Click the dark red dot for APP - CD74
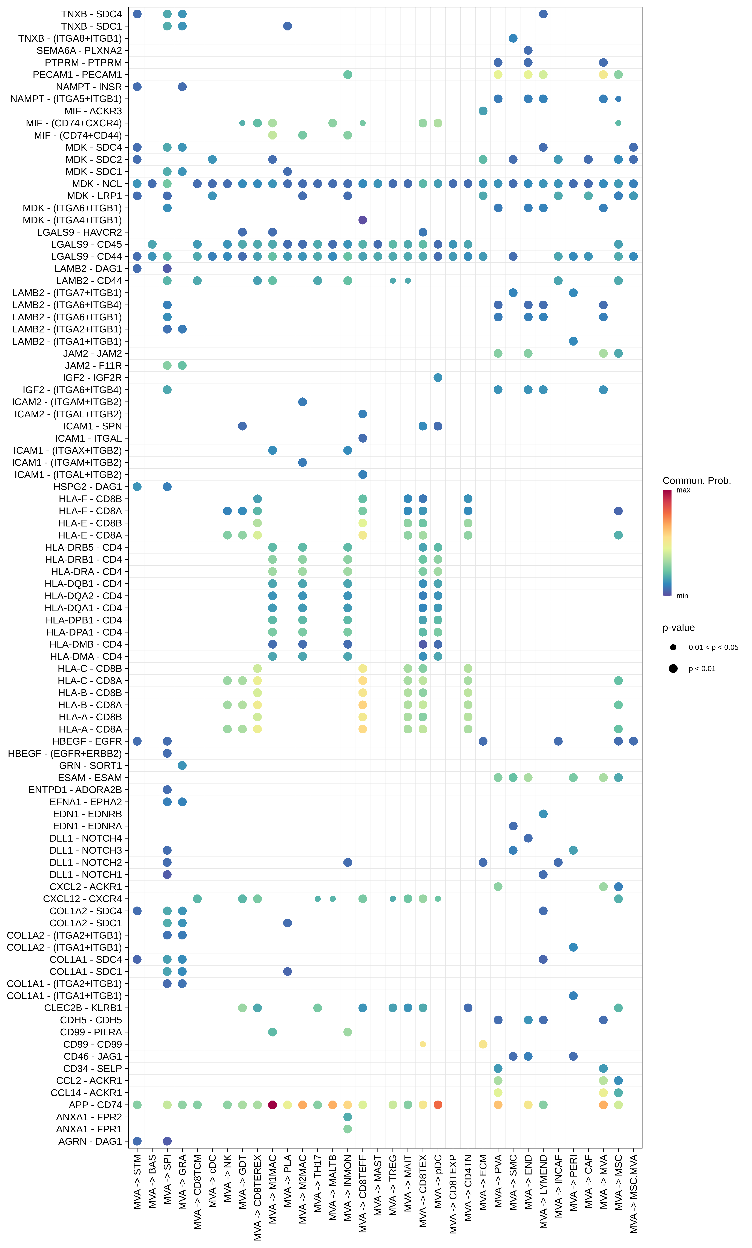pos(272,1105)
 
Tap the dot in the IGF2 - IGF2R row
pos(438,378)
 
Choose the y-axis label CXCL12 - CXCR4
pos(82,899)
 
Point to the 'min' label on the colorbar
pos(682,596)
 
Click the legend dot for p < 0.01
pos(673,669)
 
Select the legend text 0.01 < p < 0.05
pos(713,647)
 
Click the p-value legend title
pos(679,628)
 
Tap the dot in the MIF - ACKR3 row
pos(483,111)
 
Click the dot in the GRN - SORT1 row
pos(182,765)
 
